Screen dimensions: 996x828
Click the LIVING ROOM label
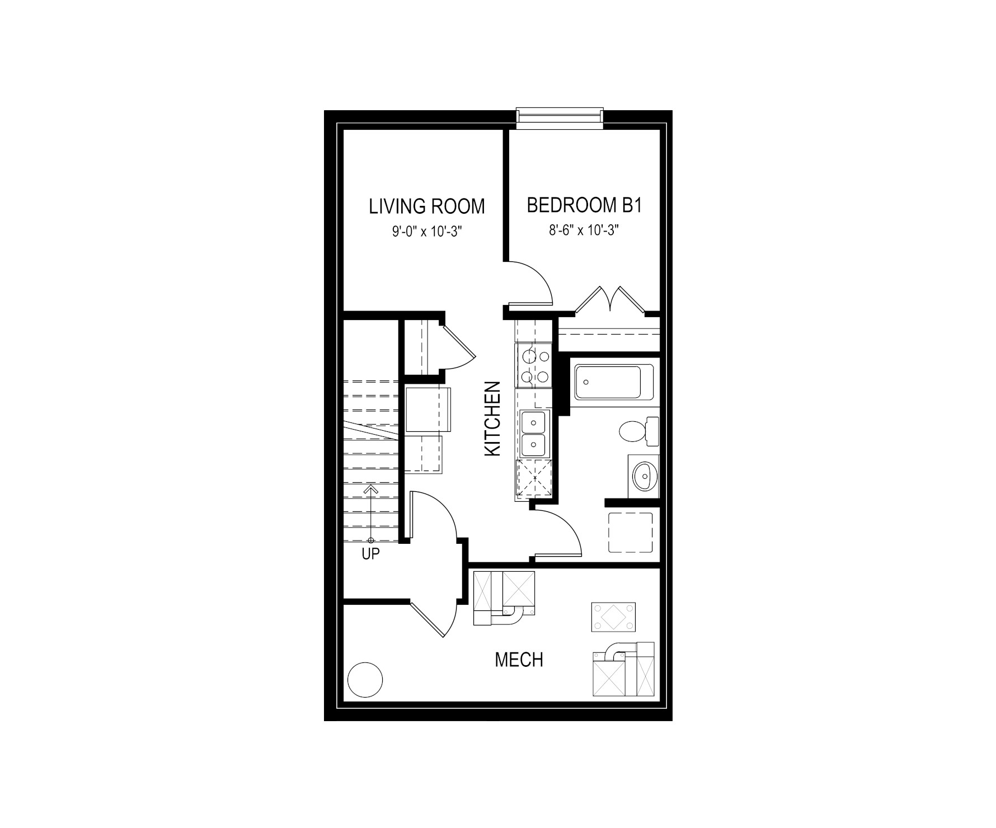pos(426,206)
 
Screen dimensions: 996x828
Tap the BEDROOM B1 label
pos(584,205)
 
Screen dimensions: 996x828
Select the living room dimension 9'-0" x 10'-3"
pos(426,230)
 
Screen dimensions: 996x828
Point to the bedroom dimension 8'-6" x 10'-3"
pos(584,230)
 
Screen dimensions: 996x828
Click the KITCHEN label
pos(492,418)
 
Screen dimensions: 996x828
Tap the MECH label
pos(519,660)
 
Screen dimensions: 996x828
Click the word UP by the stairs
pos(370,554)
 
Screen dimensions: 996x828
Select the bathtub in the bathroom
pos(614,382)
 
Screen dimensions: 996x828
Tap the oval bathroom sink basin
pos(645,477)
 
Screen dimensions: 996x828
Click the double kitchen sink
pos(534,434)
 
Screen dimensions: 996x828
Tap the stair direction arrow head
pos(370,490)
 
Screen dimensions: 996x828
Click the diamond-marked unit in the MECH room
pos(613,617)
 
